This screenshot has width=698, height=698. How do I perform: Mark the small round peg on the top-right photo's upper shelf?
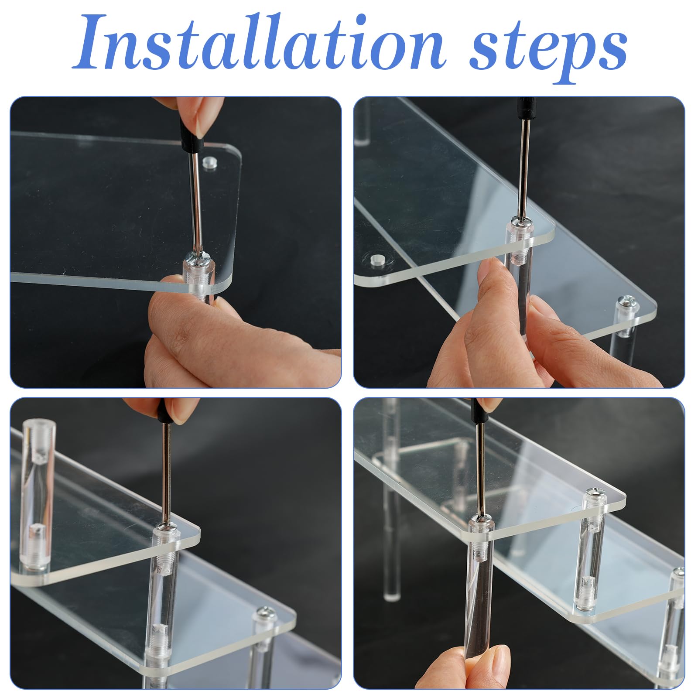coord(376,260)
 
